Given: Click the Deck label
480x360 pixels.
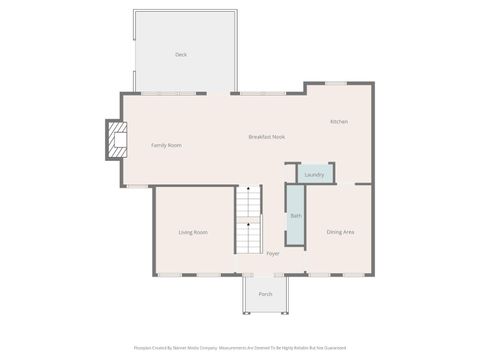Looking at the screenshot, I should pos(181,55).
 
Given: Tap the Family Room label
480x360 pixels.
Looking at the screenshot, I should pos(166,146).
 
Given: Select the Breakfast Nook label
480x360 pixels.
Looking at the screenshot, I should pos(267,136).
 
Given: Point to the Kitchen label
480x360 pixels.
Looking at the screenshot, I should pos(339,122).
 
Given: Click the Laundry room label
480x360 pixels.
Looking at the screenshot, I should pos(314,175).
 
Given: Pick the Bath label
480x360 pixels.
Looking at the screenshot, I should pos(295,216).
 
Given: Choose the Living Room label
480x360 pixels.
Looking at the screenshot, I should pos(193,233).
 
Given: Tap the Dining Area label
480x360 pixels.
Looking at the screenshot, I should pos(340,233).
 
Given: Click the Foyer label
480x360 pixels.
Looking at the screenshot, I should pos(272,254).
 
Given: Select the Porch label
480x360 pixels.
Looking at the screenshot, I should pos(265,294).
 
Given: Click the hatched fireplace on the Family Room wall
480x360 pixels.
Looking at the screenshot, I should pos(117,140).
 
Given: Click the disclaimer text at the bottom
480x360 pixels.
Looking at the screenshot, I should pos(240,349).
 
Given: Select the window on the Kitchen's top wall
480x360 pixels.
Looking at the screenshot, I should pos(335,83).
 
